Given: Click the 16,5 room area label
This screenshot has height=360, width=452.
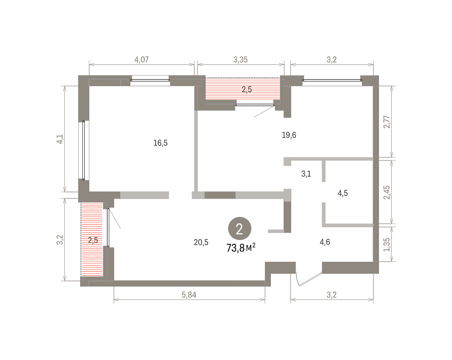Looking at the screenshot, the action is pos(160,143).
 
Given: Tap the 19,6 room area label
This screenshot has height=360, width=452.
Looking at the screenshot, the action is pos(289,135).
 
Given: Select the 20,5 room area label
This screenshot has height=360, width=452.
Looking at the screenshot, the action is pos(201,243).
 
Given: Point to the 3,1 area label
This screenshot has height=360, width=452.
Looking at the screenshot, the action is pos(306,174).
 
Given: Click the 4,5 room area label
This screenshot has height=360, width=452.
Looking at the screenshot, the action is pos(342,193).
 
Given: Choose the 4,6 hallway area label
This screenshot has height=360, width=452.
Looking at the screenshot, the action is pos(325,242).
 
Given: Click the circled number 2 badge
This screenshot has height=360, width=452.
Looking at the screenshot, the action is pos(240,229).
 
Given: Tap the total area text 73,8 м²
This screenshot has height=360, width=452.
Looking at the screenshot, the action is pos(241,248).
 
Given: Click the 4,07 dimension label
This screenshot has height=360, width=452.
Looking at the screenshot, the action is pos(142,60).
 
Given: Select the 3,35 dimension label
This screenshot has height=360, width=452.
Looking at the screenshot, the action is pos(240,60).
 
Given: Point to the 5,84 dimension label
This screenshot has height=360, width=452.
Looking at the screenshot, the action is pos(189,295).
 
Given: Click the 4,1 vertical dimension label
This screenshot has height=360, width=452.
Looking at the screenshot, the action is pos(60,139).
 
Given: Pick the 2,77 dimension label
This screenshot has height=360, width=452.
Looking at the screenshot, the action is pos(387,122).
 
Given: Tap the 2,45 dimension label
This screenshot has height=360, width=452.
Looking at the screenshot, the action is pos(387,192).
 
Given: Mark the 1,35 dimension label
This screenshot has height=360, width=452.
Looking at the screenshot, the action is pos(387,245).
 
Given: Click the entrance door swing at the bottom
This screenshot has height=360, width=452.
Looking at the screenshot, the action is pos(309,280).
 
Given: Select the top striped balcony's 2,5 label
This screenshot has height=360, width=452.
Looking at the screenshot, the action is pos(247,90).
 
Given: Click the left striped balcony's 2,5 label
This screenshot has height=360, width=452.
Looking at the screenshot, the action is pos(93,240).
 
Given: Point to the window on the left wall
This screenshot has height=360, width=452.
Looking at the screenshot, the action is pos(84,150).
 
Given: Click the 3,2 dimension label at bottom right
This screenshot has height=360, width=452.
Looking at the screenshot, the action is pos(331,295).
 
